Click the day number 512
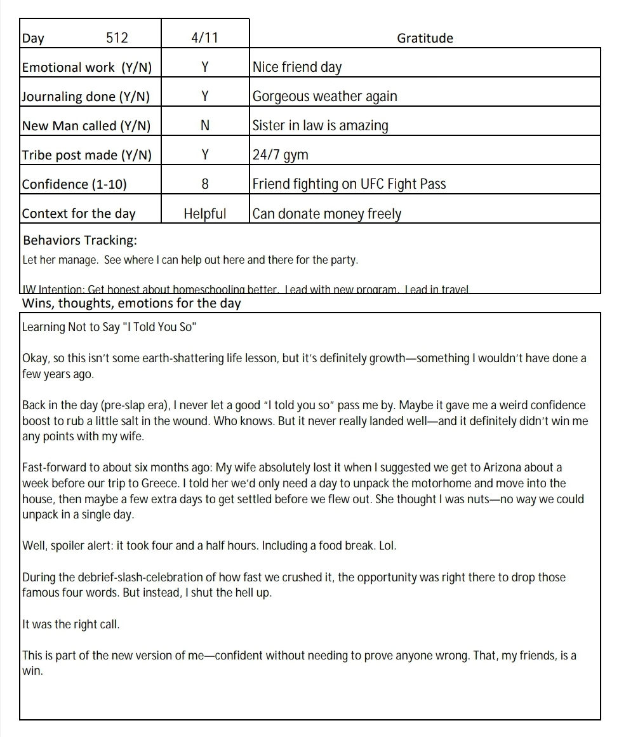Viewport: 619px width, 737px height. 117,38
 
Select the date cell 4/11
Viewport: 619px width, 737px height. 204,38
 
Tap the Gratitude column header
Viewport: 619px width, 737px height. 425,38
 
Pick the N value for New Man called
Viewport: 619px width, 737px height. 204,126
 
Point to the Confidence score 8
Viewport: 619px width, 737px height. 204,184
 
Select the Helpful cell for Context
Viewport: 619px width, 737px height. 204,213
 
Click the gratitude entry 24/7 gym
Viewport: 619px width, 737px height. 280,155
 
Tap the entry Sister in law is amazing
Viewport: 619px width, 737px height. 320,126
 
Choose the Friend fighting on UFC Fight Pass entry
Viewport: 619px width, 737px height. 349,184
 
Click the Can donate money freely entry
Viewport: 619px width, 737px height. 326,213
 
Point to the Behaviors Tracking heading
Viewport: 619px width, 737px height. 80,241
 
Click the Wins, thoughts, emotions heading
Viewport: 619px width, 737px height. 131,303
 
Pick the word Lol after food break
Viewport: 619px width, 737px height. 387,546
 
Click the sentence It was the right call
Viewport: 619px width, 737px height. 71,625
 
